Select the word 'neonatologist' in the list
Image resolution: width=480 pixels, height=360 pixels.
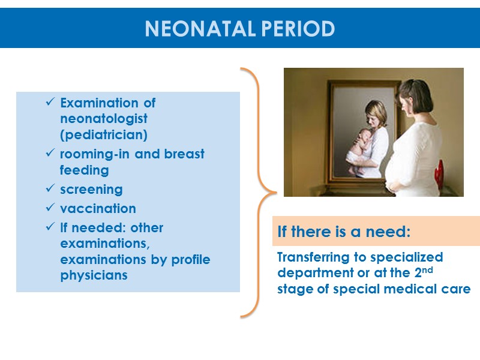[x=104, y=118]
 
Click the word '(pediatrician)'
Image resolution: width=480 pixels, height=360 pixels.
[x=104, y=134]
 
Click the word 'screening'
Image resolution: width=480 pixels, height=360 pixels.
[x=91, y=190]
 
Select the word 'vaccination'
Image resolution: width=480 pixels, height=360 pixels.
[x=98, y=209]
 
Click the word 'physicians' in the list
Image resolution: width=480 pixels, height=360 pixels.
[x=94, y=276]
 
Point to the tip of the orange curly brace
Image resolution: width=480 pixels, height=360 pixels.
[x=276, y=193]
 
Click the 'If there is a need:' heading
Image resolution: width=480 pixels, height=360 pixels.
[x=343, y=232]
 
